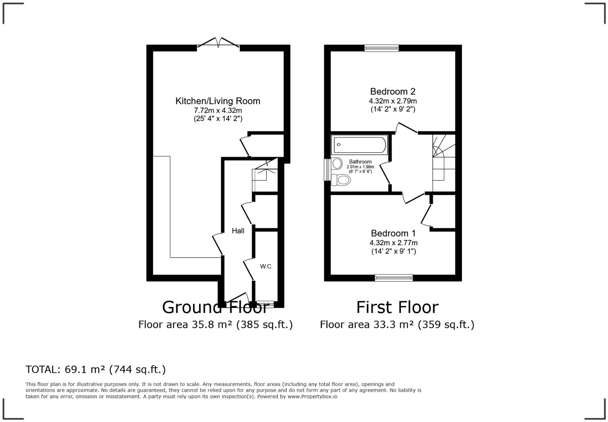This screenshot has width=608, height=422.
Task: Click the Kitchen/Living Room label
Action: [218, 101]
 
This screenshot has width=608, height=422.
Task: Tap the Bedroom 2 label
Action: [392, 91]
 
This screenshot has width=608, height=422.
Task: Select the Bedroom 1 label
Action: [393, 233]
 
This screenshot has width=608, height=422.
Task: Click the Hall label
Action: [238, 231]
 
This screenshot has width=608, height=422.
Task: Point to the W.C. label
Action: [266, 266]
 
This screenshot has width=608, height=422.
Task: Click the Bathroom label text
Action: [360, 161]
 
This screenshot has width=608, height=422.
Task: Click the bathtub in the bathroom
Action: [359, 145]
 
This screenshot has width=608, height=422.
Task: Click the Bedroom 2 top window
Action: [381, 48]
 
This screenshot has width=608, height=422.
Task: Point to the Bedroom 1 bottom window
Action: [393, 277]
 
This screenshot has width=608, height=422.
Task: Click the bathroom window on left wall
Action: [327, 170]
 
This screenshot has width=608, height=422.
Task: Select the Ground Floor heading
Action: [215, 307]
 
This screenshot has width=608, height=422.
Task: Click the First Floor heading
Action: [397, 307]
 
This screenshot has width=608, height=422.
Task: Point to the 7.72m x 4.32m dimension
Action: [218, 110]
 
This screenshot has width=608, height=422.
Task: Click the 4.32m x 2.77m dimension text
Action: [393, 243]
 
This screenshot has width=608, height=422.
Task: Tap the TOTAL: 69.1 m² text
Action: [95, 369]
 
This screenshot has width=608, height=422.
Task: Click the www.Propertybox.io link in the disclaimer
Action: [312, 397]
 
